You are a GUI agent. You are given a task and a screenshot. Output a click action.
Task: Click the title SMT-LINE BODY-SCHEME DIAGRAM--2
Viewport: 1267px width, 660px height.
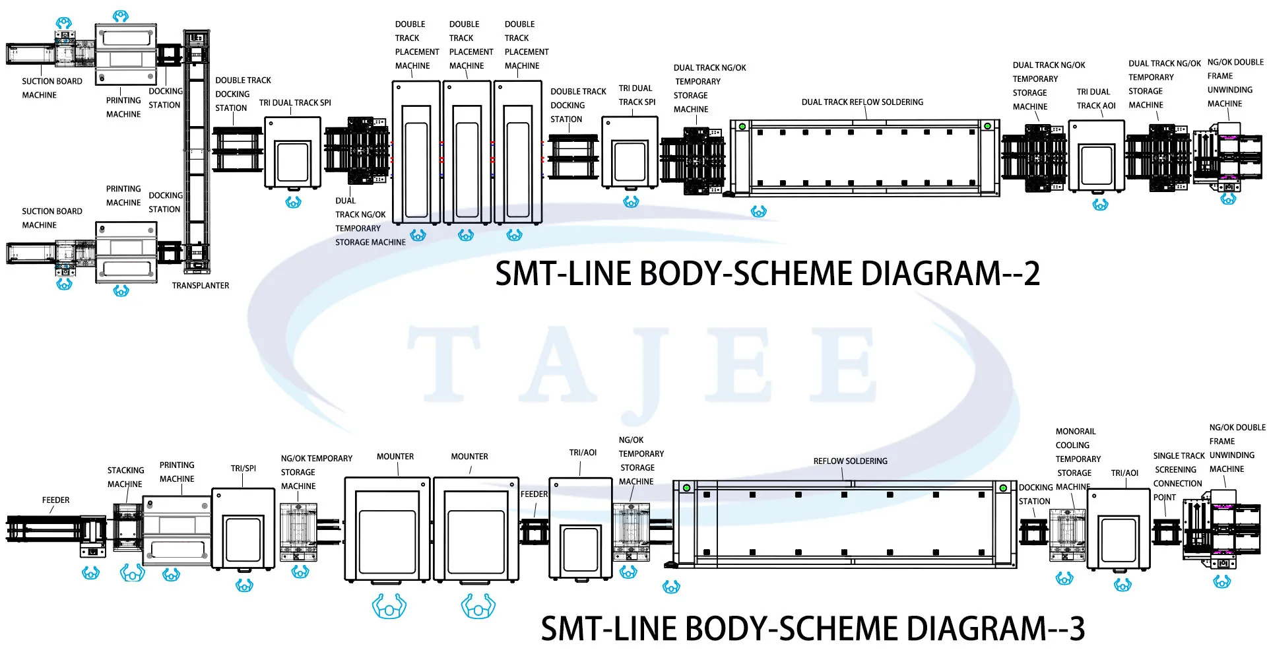click(x=767, y=273)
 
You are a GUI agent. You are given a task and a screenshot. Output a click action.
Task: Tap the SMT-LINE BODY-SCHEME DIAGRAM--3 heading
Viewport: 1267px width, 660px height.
click(x=813, y=628)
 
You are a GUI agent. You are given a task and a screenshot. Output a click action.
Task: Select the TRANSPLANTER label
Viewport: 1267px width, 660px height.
click(x=201, y=286)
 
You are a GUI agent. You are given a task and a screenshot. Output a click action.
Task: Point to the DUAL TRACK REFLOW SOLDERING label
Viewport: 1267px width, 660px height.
click(x=862, y=102)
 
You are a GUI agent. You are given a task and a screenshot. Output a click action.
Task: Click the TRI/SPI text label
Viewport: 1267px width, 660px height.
click(x=244, y=469)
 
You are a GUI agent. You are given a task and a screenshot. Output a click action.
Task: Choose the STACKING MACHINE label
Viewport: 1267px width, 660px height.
click(x=125, y=477)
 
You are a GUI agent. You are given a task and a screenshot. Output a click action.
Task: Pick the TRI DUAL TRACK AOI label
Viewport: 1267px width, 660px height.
click(x=1095, y=99)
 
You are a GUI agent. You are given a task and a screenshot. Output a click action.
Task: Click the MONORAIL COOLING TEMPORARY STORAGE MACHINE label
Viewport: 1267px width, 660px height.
click(x=1078, y=459)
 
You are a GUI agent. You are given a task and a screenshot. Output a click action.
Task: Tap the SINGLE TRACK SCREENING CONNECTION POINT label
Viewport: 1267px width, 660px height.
click(x=1179, y=477)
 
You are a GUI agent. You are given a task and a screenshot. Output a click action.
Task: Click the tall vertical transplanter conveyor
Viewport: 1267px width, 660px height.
click(x=197, y=151)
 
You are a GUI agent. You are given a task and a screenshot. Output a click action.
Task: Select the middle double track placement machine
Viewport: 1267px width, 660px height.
click(x=467, y=153)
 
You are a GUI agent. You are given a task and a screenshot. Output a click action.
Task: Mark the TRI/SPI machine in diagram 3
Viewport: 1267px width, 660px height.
click(x=244, y=529)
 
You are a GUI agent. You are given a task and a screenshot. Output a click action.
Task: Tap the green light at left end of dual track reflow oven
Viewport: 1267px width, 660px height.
click(x=742, y=127)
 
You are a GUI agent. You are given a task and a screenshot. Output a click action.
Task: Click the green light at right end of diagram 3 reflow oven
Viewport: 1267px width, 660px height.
click(x=1003, y=488)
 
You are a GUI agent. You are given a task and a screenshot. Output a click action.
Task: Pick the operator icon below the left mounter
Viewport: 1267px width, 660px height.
click(x=389, y=606)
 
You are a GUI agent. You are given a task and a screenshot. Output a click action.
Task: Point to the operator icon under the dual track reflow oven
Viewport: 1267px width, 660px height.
click(x=759, y=212)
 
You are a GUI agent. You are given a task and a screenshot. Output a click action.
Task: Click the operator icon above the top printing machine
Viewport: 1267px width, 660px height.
click(x=120, y=16)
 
